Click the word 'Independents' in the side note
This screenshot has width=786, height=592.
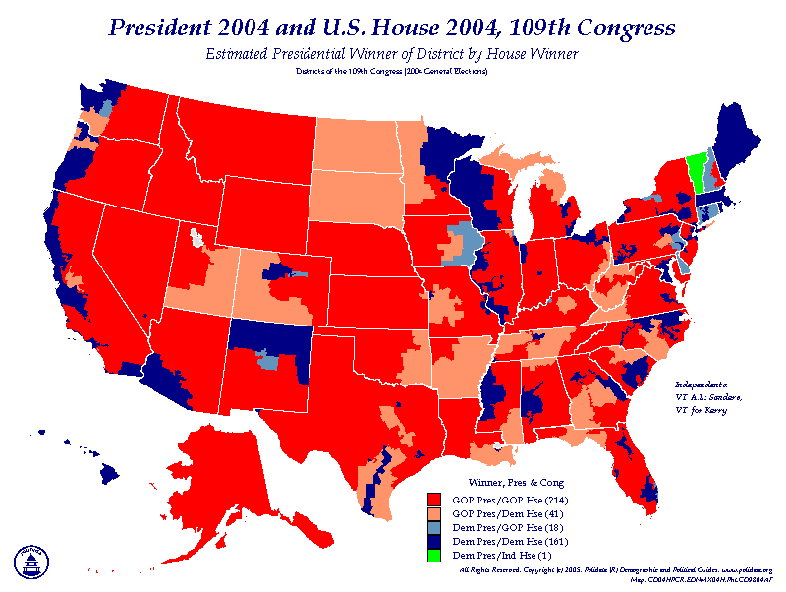click(701, 383)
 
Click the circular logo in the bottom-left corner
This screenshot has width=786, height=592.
click(30, 560)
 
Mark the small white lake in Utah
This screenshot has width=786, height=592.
click(197, 238)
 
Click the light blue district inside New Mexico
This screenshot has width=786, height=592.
click(267, 360)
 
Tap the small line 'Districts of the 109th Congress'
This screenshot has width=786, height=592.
click(392, 71)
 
